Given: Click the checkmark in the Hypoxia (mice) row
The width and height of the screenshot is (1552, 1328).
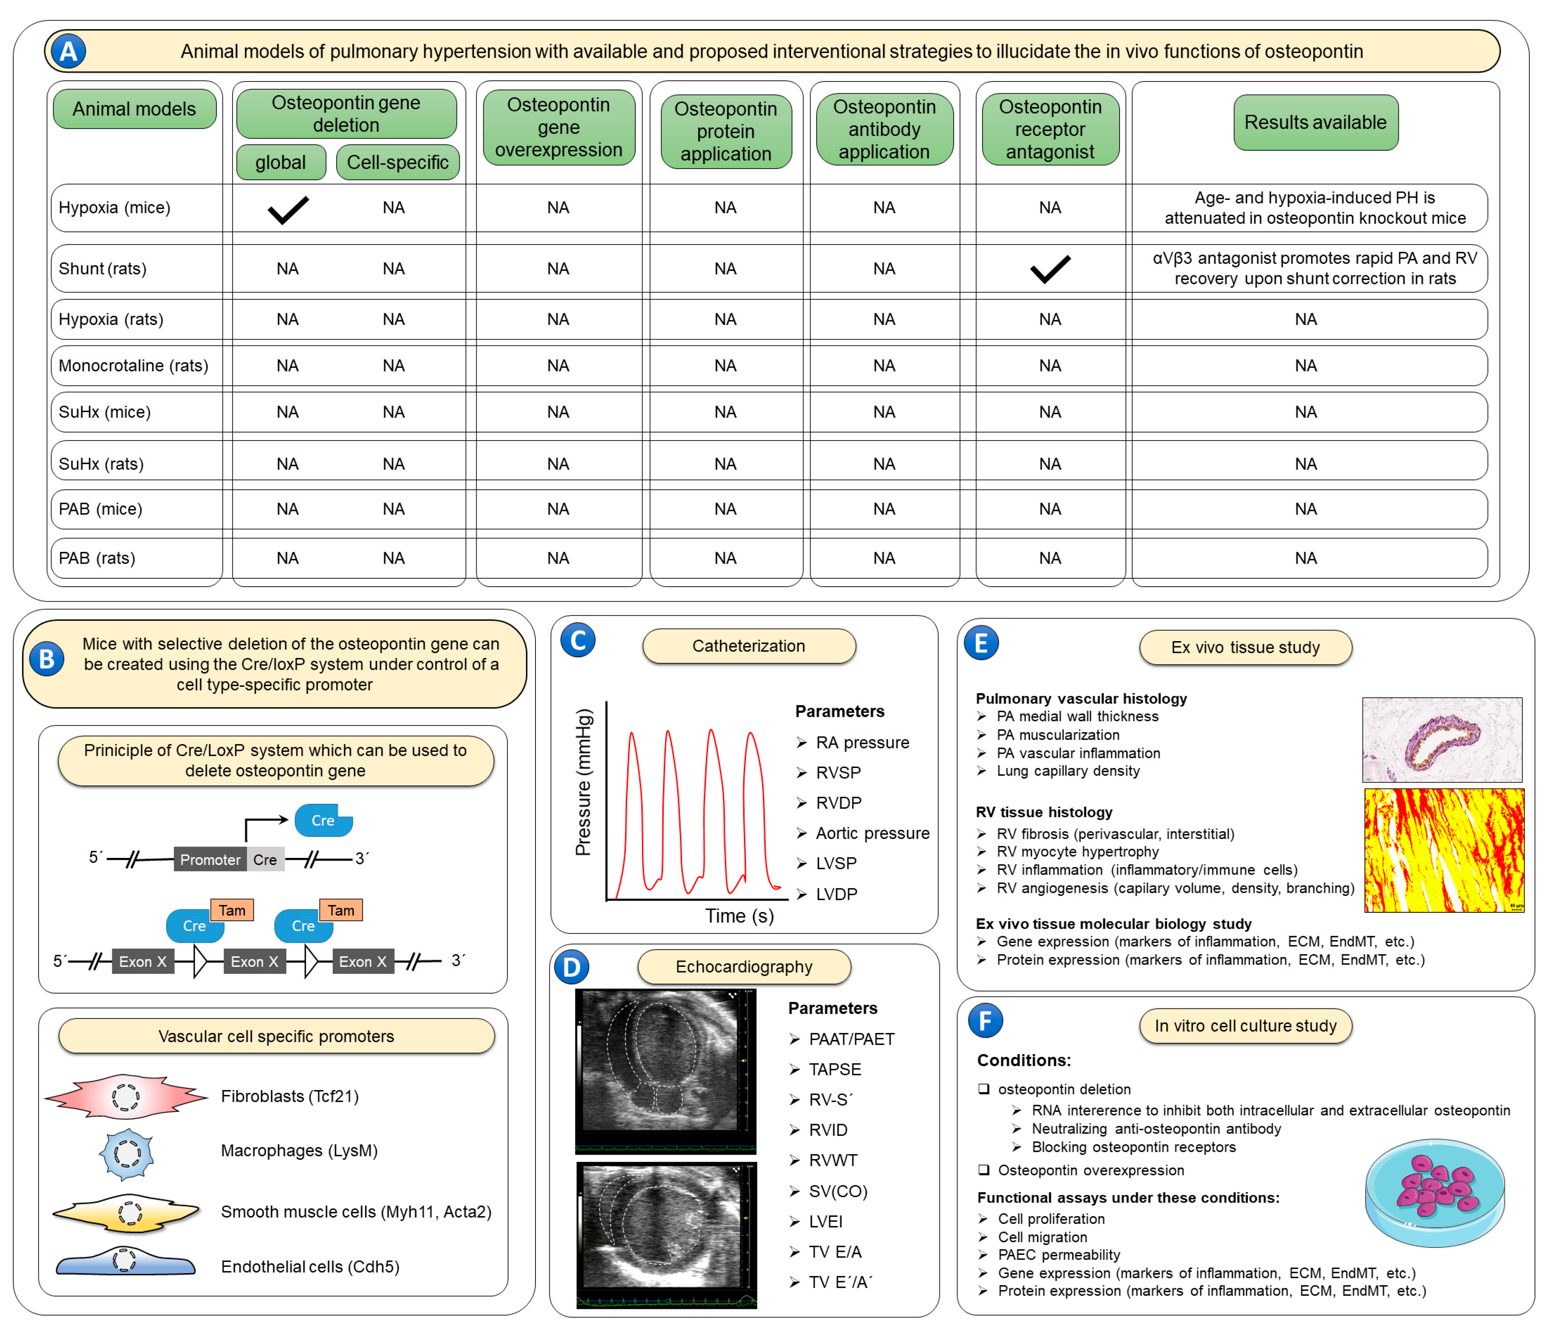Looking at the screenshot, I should (288, 210).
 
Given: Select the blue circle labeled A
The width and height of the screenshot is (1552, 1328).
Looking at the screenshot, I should (68, 52).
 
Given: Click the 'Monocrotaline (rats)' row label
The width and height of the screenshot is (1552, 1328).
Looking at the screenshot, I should (133, 366).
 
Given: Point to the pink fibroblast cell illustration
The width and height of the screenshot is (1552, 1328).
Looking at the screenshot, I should (125, 1097).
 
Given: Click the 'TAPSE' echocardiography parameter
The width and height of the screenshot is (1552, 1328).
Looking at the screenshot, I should (834, 1070).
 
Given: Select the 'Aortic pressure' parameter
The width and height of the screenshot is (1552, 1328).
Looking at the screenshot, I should (872, 833).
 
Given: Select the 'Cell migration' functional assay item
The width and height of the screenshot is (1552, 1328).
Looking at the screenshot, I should (1042, 1237).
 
